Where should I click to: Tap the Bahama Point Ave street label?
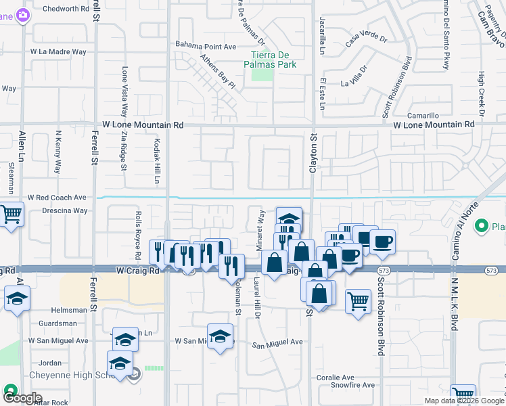tap(206, 46)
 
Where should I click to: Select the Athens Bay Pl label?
tap(212, 72)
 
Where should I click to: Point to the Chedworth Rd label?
tap(66, 9)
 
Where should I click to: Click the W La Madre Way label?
tap(58, 51)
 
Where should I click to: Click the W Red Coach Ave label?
tap(57, 198)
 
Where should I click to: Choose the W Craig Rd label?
tap(137, 269)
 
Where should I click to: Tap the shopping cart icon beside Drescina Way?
tap(11, 215)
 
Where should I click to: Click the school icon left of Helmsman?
tap(17, 298)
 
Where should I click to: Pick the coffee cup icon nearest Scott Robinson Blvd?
tap(382, 242)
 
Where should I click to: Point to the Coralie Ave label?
tap(335, 378)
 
